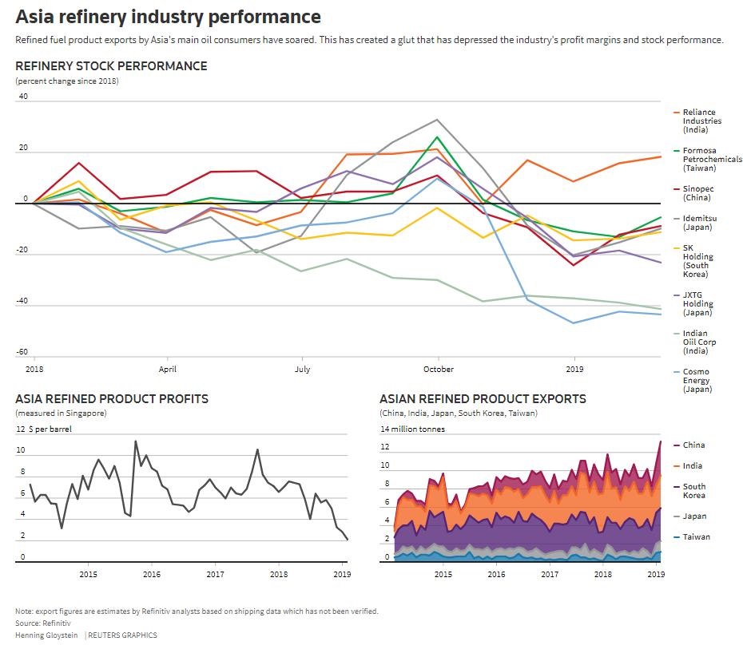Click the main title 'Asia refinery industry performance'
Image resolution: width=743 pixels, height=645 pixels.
click(x=168, y=17)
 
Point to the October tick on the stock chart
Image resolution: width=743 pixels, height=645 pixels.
click(x=438, y=369)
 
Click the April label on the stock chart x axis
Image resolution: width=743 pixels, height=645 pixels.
click(x=167, y=369)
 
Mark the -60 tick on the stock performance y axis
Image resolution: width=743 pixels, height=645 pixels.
click(x=22, y=352)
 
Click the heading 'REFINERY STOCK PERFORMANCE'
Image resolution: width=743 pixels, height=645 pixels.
click(x=111, y=66)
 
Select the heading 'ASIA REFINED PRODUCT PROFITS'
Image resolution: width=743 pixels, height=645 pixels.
click(x=112, y=398)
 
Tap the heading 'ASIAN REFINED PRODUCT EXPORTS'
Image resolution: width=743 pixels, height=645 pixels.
click(x=483, y=398)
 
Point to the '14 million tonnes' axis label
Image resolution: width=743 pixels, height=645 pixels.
click(x=412, y=429)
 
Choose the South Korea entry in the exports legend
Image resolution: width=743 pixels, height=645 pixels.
click(x=693, y=491)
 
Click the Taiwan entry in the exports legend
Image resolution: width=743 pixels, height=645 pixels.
click(x=696, y=537)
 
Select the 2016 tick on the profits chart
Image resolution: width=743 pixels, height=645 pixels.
click(x=152, y=574)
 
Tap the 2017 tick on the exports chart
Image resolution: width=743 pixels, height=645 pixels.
click(x=550, y=574)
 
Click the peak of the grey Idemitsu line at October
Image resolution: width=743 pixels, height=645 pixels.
click(x=437, y=120)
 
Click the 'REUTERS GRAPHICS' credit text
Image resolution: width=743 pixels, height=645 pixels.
click(x=122, y=635)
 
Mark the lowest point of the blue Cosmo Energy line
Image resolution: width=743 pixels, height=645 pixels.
click(x=573, y=322)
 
